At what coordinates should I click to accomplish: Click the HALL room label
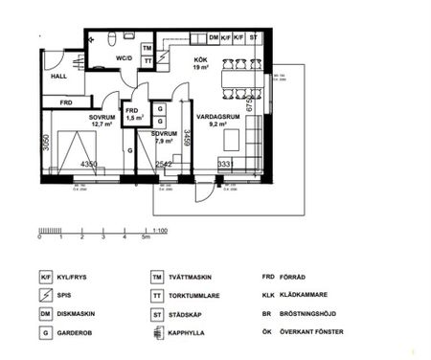pos(58,76)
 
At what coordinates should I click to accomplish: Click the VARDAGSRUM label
pos(211,116)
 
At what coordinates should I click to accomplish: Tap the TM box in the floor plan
pos(147,48)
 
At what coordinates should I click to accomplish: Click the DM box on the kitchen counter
pos(214,38)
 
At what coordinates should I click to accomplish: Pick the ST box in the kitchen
pos(254,38)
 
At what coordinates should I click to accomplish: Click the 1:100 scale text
pos(161,232)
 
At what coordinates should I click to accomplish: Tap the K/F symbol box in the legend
pos(45,277)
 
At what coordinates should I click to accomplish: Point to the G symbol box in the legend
pos(45,332)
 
